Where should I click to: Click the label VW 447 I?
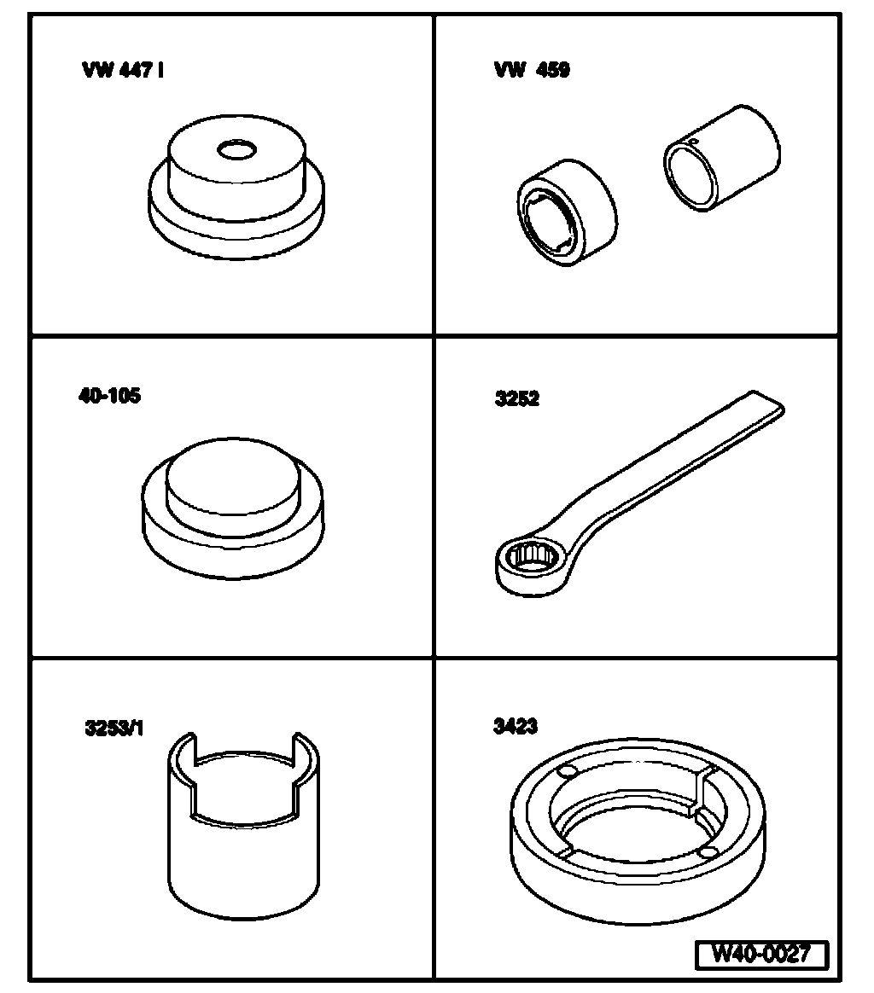[x=122, y=70]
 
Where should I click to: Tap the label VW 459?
[x=532, y=70]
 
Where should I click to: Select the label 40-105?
[x=109, y=396]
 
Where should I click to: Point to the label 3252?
[x=517, y=398]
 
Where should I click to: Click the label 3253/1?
[x=114, y=729]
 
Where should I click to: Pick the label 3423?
[x=516, y=726]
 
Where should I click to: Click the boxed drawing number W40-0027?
[x=762, y=954]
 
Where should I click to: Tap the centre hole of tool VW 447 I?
[x=237, y=150]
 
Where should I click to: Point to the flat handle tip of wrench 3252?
[x=767, y=404]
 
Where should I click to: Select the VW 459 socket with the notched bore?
[x=567, y=212]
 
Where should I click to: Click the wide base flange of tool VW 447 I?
[x=236, y=222]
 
